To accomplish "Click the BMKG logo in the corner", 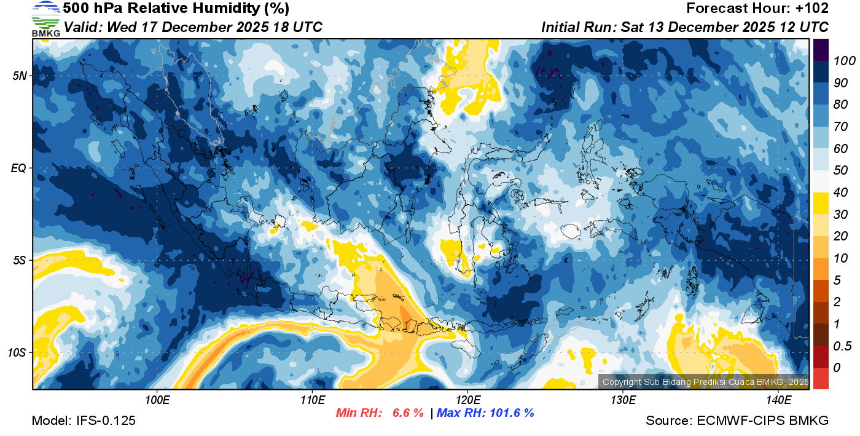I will [x=46, y=18].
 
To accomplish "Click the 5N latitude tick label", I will [x=20, y=76].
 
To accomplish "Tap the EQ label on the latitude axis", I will [x=19, y=168].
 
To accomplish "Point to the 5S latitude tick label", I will [x=20, y=260].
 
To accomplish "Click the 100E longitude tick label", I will [x=157, y=400].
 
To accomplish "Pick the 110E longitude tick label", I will [x=312, y=400].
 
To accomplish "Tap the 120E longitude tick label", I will [x=467, y=400].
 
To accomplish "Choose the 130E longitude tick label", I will [x=623, y=400].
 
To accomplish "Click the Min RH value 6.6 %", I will [x=408, y=413].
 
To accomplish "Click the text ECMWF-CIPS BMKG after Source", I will [x=763, y=421].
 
